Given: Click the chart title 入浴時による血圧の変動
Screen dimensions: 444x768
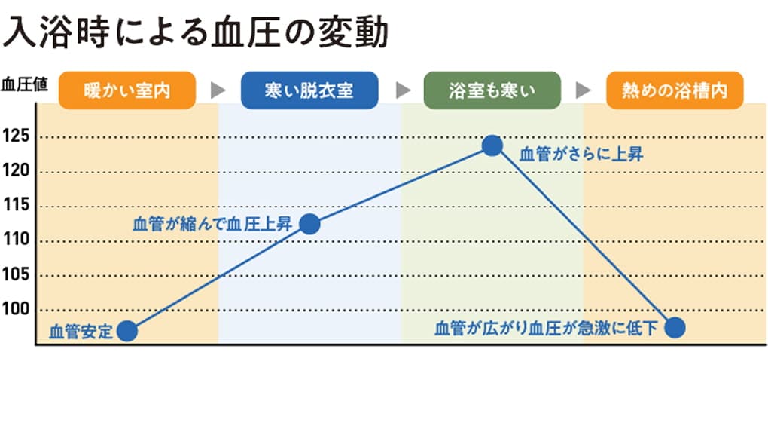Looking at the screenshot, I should coord(196,34).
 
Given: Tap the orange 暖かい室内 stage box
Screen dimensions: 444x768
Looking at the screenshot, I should coord(127,91).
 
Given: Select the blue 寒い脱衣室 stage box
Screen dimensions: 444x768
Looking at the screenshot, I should coord(309,91).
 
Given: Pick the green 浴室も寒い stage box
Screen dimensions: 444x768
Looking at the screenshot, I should coord(492,91).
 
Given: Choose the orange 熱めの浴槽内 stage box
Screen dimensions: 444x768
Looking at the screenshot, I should coord(675,91).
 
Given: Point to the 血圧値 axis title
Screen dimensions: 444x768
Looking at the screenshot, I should coord(24,84).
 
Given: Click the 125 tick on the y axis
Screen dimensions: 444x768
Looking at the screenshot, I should coord(17,137).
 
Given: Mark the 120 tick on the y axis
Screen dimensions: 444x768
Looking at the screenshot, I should coord(17,171).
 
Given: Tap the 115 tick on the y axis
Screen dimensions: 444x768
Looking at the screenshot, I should coord(17,206).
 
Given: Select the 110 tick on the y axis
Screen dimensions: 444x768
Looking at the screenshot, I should coord(17,240).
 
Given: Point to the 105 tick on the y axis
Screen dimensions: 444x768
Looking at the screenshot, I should coord(17,275).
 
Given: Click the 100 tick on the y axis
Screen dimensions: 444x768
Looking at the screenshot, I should coord(17,310).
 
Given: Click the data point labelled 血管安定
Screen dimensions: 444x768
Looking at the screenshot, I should coord(127,331).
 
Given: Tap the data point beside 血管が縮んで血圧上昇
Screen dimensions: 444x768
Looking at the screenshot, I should coord(309,224).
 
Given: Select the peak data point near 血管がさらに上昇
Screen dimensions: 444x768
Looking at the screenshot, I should coord(492,145).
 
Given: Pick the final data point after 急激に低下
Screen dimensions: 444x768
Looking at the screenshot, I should coord(675,327).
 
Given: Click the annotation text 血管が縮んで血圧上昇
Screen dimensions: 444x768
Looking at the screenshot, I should coord(213,224).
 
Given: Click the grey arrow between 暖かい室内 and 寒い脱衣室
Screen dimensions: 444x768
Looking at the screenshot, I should coord(218,91).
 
